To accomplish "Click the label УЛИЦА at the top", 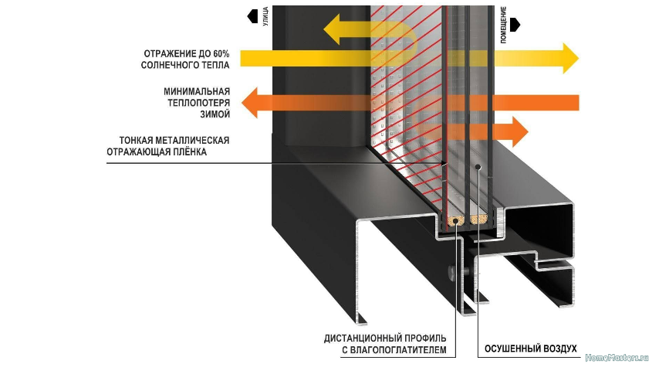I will [265, 15].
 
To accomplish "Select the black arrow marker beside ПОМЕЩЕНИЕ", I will [515, 25].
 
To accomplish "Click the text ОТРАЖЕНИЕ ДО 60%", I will [186, 54].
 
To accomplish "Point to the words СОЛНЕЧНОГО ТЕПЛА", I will [186, 66].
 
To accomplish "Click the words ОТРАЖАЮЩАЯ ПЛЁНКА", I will [168, 152].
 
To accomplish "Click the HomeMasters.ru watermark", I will [617, 359].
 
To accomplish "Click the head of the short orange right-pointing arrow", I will [519, 131].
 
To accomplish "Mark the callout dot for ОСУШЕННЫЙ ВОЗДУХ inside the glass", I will [478, 165].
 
